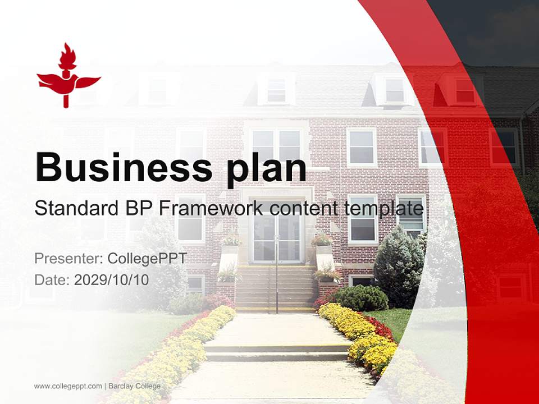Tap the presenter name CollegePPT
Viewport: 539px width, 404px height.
click(147, 259)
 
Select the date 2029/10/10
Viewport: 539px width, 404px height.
click(112, 280)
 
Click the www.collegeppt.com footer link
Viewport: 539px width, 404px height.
click(68, 386)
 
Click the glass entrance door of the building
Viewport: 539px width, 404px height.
click(276, 238)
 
